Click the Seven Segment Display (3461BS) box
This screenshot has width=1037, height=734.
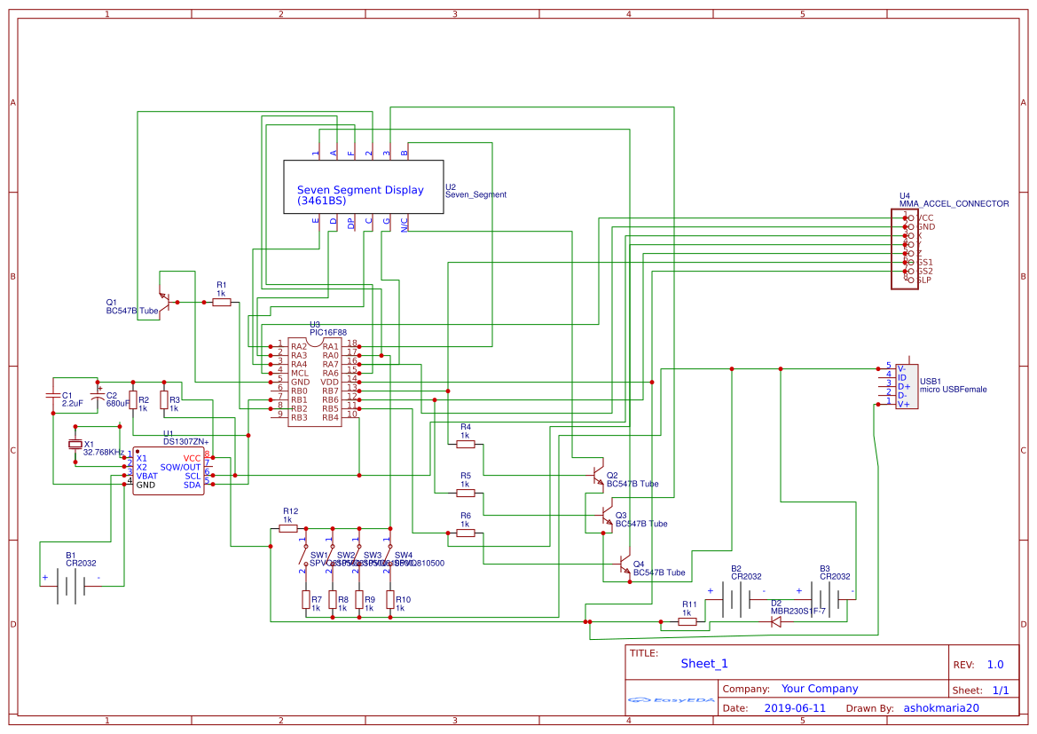click(363, 187)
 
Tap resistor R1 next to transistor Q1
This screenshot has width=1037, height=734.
click(221, 303)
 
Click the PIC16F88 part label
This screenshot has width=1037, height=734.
click(327, 332)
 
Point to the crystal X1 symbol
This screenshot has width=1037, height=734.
click(75, 445)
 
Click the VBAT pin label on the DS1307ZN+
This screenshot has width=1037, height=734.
click(146, 476)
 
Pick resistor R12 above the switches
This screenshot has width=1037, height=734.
click(287, 528)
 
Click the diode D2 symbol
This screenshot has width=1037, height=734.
click(775, 622)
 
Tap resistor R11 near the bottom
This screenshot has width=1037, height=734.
click(687, 622)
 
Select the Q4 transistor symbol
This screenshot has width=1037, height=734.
click(622, 564)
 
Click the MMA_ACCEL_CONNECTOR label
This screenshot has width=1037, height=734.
click(954, 203)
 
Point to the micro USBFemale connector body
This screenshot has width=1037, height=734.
click(907, 386)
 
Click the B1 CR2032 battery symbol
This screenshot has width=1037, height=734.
click(71, 586)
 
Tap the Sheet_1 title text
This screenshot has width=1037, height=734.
click(703, 663)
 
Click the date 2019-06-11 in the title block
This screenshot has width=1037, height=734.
click(794, 708)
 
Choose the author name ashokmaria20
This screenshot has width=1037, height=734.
click(940, 708)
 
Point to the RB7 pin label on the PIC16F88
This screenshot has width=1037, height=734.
click(330, 391)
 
